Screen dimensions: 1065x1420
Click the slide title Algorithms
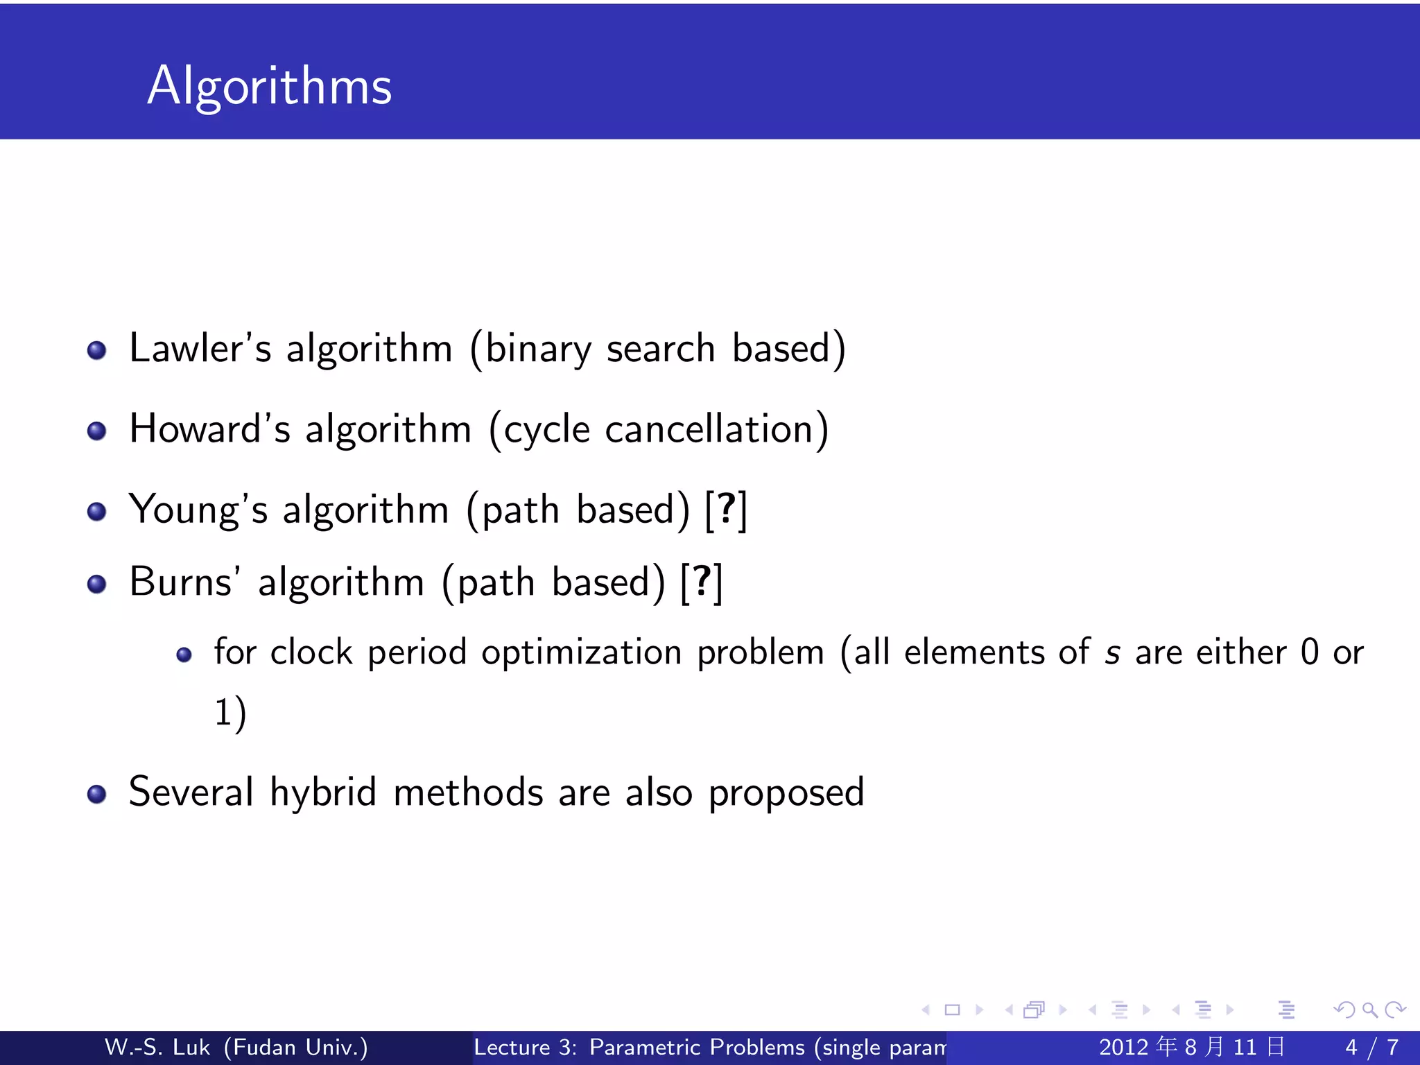(x=269, y=86)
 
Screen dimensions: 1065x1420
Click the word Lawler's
(x=200, y=348)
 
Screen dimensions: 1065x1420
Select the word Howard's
(x=209, y=429)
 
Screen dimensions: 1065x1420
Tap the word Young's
(x=198, y=510)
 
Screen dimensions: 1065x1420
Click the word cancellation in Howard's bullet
(x=709, y=429)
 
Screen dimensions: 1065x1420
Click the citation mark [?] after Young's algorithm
(x=726, y=510)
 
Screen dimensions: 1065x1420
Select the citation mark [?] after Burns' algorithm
(x=702, y=582)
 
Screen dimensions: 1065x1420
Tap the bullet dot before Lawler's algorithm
(x=97, y=350)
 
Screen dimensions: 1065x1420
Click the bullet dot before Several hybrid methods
(x=97, y=794)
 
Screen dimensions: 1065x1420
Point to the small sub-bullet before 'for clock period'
(x=184, y=655)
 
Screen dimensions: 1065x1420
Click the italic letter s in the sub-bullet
(x=1112, y=653)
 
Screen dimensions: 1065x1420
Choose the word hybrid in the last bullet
(x=323, y=792)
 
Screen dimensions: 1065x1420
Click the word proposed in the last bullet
(x=786, y=793)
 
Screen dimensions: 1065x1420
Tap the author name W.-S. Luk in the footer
(x=157, y=1047)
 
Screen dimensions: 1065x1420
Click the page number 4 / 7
(x=1371, y=1047)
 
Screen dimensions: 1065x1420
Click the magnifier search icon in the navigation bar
(x=1369, y=1010)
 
